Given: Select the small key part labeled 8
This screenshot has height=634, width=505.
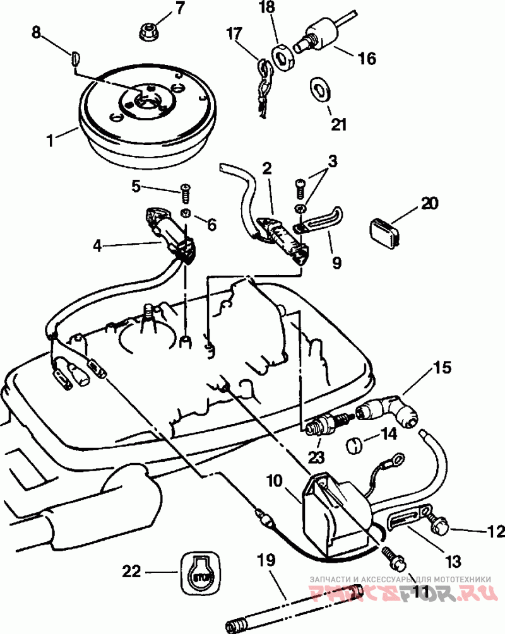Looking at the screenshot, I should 75,57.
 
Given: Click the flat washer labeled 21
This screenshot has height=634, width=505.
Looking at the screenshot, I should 320,89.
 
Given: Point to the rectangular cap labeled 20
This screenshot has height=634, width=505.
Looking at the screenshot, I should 385,232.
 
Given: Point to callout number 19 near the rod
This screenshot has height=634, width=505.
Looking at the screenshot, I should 266,560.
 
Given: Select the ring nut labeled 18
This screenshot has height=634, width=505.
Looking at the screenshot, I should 283,59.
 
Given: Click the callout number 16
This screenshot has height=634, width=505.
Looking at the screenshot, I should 366,59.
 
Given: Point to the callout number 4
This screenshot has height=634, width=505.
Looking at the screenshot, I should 97,245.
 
